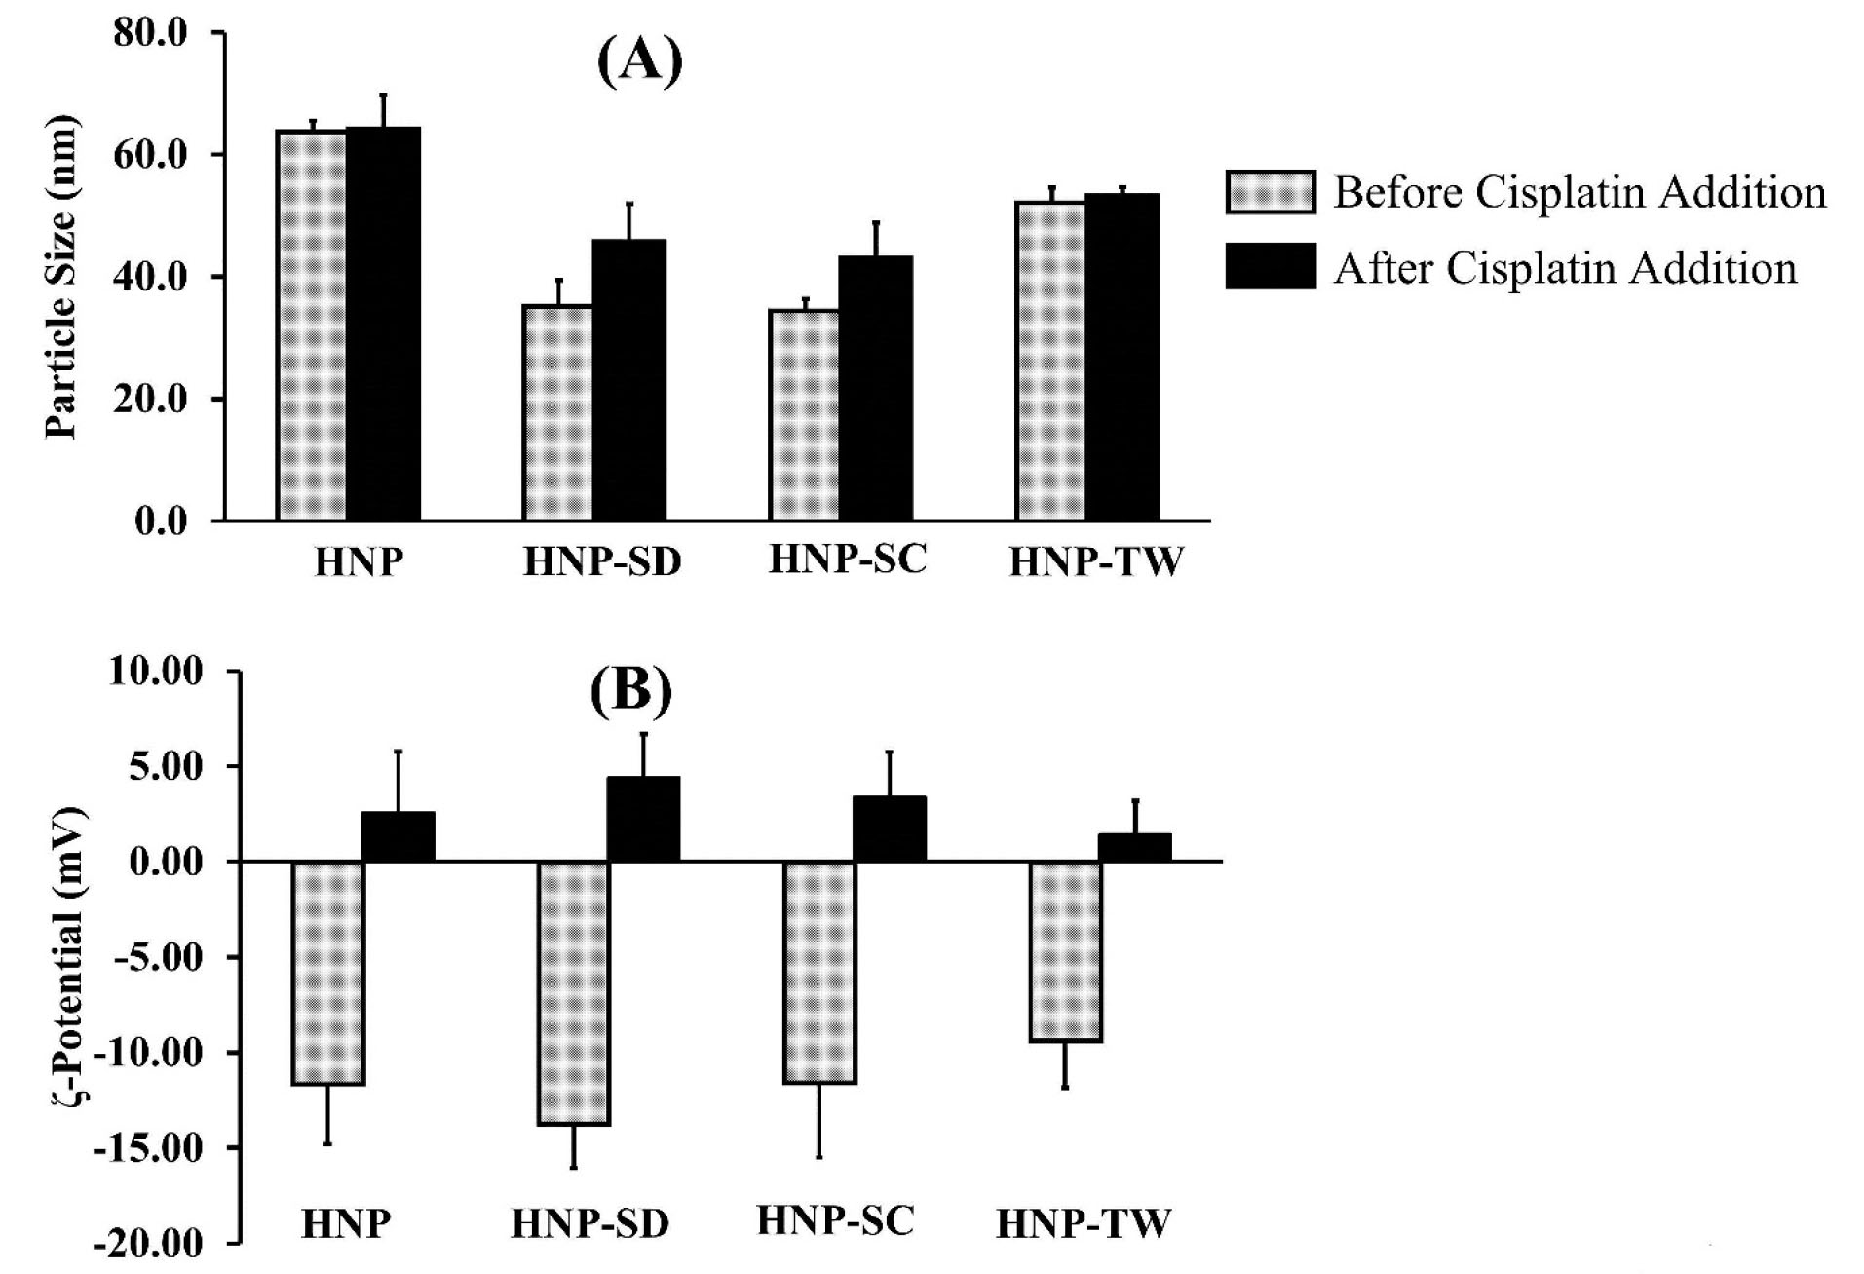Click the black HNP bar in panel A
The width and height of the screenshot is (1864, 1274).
pyautogui.click(x=383, y=324)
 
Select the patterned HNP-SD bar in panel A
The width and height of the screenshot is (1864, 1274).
pyautogui.click(x=557, y=412)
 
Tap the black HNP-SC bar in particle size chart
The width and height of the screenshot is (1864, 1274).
pyautogui.click(x=875, y=388)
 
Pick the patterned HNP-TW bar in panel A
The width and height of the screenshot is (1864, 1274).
pyautogui.click(x=1050, y=361)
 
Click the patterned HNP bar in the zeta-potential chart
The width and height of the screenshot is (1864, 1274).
pyautogui.click(x=328, y=973)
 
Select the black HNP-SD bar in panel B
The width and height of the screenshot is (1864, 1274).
pyautogui.click(x=643, y=819)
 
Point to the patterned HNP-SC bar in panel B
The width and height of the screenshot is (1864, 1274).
pyautogui.click(x=819, y=972)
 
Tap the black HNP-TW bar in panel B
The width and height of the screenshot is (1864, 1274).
pyautogui.click(x=1134, y=847)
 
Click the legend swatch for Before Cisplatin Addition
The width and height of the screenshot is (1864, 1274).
pyautogui.click(x=1270, y=192)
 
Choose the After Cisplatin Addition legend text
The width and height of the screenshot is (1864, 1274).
pyautogui.click(x=1565, y=268)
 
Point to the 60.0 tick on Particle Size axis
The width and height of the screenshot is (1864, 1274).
pyautogui.click(x=150, y=155)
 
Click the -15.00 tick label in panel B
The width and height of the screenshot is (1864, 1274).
pyautogui.click(x=148, y=1148)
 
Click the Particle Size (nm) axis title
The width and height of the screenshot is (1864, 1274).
pyautogui.click(x=60, y=278)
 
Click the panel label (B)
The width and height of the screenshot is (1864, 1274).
pyautogui.click(x=631, y=691)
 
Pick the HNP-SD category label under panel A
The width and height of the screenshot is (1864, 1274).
pyautogui.click(x=602, y=562)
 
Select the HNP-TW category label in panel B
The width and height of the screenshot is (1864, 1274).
pyautogui.click(x=1083, y=1222)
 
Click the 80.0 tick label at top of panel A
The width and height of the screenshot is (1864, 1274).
pyautogui.click(x=150, y=33)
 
